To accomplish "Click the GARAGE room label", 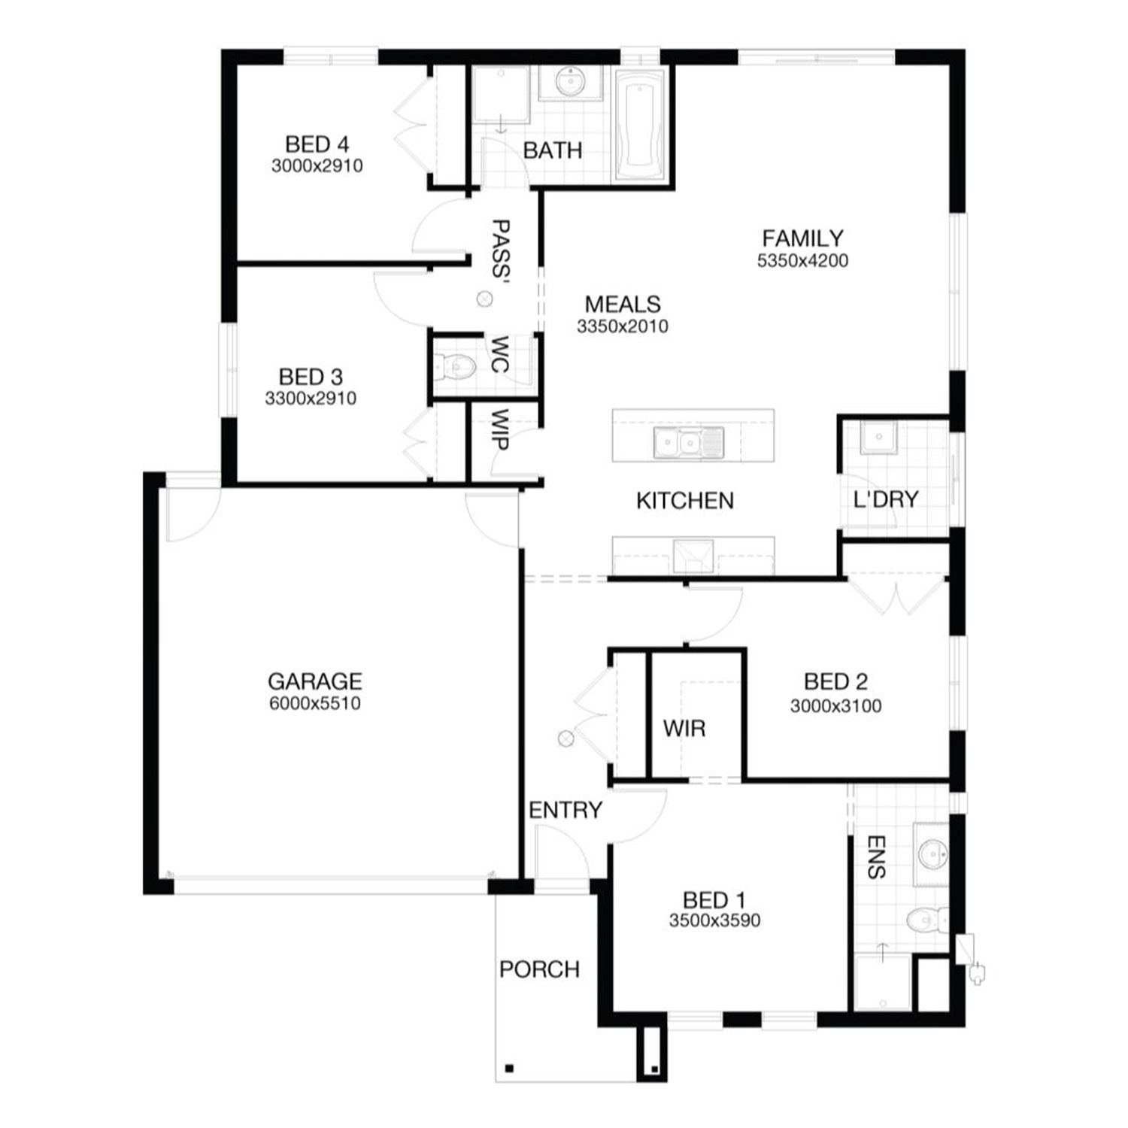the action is [x=314, y=681].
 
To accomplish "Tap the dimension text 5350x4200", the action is [x=802, y=261].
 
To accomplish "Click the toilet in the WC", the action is [x=456, y=367].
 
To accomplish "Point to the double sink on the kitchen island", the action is [x=689, y=443].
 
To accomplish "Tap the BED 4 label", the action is [x=317, y=144].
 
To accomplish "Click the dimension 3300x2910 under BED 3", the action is [x=311, y=399].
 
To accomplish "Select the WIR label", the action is [x=684, y=728].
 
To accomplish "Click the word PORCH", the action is [x=539, y=969].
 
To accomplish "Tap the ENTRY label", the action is [x=566, y=810].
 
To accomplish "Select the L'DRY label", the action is [x=886, y=499].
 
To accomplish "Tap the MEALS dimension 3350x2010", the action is [x=623, y=326].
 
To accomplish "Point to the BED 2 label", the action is [x=835, y=681].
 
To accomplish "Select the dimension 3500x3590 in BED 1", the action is [x=714, y=920].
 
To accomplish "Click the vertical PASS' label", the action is [x=500, y=249].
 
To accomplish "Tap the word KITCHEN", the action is [x=685, y=501].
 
